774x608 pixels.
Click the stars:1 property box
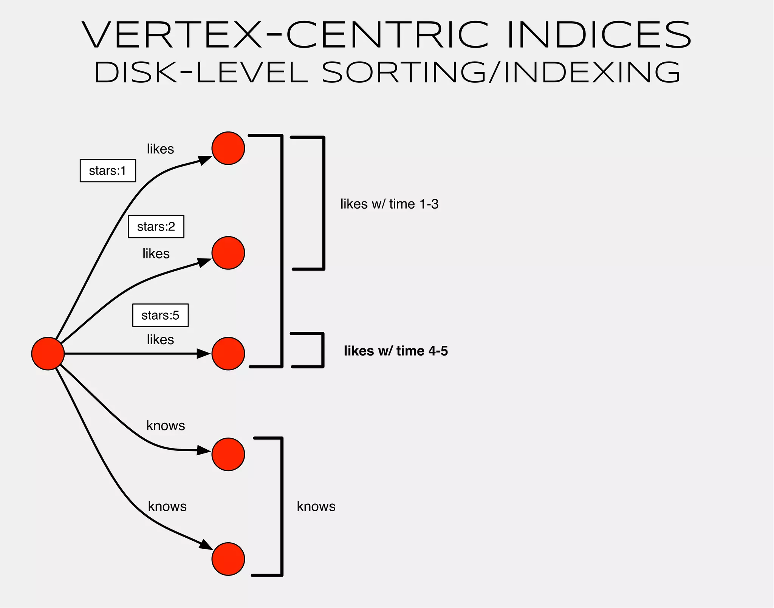click(108, 171)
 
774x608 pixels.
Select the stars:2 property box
click(156, 227)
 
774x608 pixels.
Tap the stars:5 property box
click(160, 315)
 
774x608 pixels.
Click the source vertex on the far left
click(48, 354)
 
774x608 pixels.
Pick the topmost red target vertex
click(228, 148)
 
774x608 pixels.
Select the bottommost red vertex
click(228, 559)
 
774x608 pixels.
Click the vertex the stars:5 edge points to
click(228, 354)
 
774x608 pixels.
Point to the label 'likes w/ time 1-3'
click(389, 204)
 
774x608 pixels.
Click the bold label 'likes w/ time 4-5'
click(396, 351)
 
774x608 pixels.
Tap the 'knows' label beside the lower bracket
click(316, 506)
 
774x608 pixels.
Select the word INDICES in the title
click(599, 35)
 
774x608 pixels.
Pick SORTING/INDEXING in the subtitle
click(501, 73)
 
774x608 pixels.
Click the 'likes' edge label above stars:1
click(160, 149)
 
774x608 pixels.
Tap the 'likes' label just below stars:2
click(156, 254)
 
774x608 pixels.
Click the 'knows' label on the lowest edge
click(167, 506)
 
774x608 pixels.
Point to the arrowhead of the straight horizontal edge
click(203, 354)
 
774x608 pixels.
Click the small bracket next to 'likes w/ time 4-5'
click(322, 350)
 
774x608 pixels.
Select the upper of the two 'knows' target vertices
click(228, 454)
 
